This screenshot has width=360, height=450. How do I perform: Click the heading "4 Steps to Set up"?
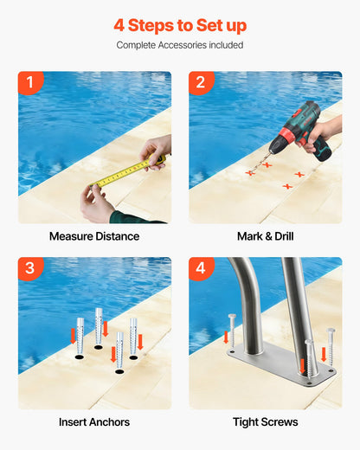click(180, 25)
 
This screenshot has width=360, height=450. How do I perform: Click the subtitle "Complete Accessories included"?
click(180, 45)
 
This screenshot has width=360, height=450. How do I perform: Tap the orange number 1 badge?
click(30, 83)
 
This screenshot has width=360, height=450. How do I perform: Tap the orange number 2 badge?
click(201, 83)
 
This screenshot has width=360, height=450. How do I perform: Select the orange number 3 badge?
click(30, 268)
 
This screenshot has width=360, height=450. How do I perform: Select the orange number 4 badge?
click(201, 268)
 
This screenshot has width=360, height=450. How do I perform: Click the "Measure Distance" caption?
click(94, 236)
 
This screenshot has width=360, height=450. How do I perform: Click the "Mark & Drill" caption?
click(266, 236)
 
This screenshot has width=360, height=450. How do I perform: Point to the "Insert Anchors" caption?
click(94, 422)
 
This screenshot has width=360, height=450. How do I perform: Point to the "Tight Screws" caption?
click(266, 422)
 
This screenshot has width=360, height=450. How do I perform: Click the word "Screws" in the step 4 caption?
click(279, 422)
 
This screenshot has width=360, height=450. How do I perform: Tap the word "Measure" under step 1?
click(72, 236)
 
